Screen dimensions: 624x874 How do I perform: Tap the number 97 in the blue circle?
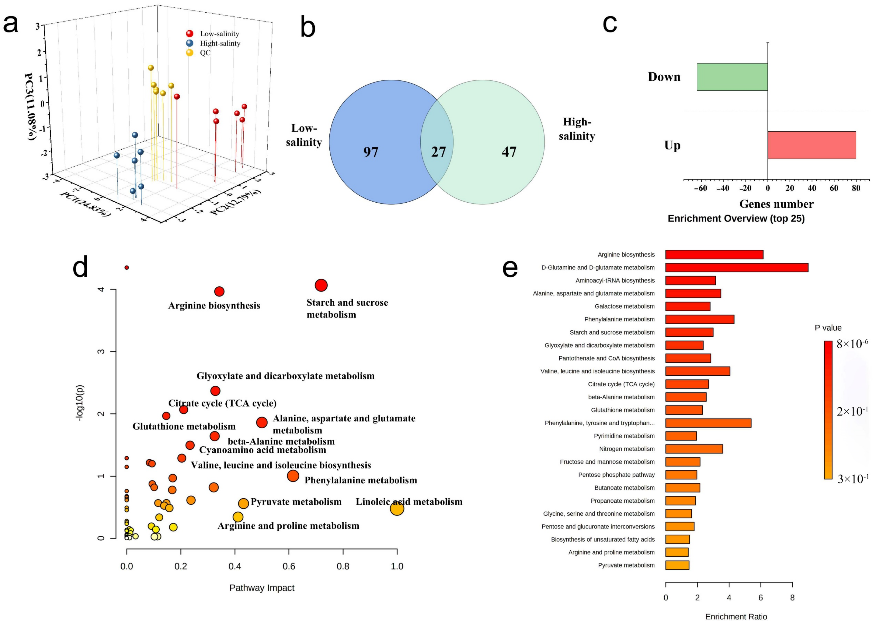click(371, 152)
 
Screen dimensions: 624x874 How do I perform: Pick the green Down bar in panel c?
click(732, 77)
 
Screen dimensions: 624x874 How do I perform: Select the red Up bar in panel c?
click(811, 145)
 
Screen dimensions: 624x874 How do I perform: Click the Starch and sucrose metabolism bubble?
click(321, 285)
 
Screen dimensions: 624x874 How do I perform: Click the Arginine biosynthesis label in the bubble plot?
click(214, 305)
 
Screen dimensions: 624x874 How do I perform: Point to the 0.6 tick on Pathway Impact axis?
click(289, 566)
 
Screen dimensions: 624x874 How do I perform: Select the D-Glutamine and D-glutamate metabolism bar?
click(737, 267)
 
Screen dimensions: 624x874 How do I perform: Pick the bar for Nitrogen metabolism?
click(694, 449)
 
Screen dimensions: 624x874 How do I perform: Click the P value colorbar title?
click(828, 328)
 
